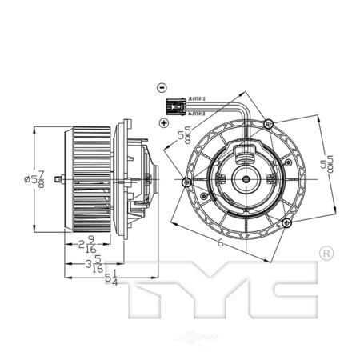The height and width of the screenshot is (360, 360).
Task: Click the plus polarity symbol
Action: point(162,122)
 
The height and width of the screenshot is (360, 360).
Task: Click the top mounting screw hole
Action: point(270,124)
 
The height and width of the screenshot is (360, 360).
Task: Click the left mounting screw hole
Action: point(186,182)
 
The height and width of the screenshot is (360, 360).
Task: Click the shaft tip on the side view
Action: point(53,178)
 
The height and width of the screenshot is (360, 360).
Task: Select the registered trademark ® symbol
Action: point(326,254)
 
